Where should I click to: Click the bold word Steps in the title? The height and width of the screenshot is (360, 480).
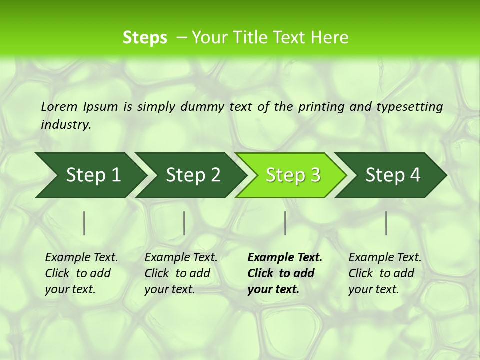pos(145,38)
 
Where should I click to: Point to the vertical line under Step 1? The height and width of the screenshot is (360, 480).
pos(84,223)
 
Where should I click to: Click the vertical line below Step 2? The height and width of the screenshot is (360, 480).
pos(184,223)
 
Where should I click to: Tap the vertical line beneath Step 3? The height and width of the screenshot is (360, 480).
pos(285,223)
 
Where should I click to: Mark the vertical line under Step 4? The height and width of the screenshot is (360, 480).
pos(386,223)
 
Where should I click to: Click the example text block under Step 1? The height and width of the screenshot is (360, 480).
pos(81,273)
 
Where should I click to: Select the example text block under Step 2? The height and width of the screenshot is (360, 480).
pos(181,273)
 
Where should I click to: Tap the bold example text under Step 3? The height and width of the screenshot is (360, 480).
pos(285,273)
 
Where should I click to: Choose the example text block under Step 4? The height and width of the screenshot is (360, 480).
pos(385,273)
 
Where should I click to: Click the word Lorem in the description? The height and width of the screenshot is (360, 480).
pos(59,107)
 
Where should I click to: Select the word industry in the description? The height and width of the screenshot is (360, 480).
pos(66,125)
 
